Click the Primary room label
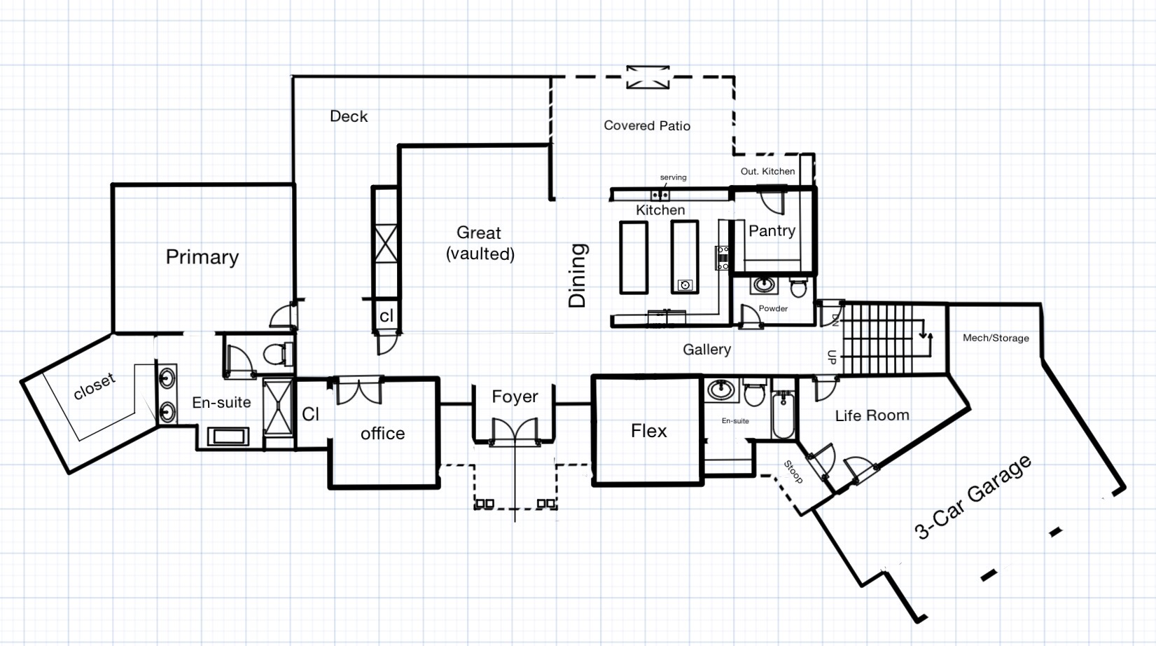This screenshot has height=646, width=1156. [x=202, y=257]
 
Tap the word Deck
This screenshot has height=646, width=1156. [x=349, y=116]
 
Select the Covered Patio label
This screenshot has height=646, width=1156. [x=647, y=125]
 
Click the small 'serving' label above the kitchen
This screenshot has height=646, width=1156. [x=674, y=177]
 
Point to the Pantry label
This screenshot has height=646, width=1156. [x=772, y=231]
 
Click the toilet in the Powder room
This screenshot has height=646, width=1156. [x=798, y=287]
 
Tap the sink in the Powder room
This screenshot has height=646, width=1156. [x=764, y=284]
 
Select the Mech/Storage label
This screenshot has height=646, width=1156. [x=996, y=338]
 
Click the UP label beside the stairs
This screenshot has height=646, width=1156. [x=832, y=357]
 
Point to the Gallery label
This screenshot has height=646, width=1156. [x=707, y=350]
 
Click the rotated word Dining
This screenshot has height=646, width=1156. [x=578, y=276]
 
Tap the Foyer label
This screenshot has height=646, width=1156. [x=515, y=397]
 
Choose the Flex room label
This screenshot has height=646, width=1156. [x=648, y=431]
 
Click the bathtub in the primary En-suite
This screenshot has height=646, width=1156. [x=228, y=437]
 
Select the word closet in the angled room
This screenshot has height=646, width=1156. [x=95, y=386]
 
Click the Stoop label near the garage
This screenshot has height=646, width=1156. [x=793, y=472]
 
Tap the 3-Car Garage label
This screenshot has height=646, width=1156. [x=973, y=497]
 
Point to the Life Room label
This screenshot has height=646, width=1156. [x=872, y=415]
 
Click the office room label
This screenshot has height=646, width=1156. [x=382, y=433]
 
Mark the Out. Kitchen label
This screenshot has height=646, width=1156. [x=768, y=171]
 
